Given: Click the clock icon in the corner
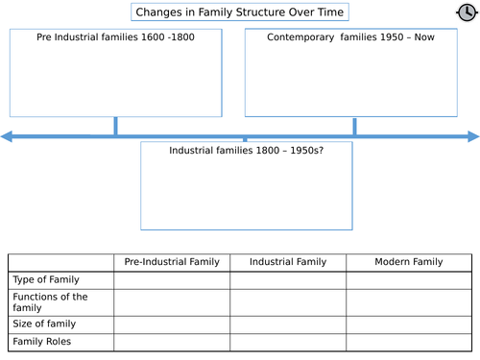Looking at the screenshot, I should coord(466,12).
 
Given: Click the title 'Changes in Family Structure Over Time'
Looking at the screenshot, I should coord(239,12).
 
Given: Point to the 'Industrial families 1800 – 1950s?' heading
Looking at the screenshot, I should coord(246,151).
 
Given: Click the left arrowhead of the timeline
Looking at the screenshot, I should coord(8,137).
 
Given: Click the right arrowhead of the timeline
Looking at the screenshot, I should coord(472,137).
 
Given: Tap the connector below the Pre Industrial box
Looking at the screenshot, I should coord(115,126).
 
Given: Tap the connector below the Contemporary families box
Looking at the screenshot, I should coord(354,126).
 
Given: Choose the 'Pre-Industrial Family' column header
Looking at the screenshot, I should coord(172,262).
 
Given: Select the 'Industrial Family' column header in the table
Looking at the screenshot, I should coord(288,262).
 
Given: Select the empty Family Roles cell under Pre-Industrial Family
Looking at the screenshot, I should coord(172,341).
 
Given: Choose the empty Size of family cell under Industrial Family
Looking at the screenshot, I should coord(288,324).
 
